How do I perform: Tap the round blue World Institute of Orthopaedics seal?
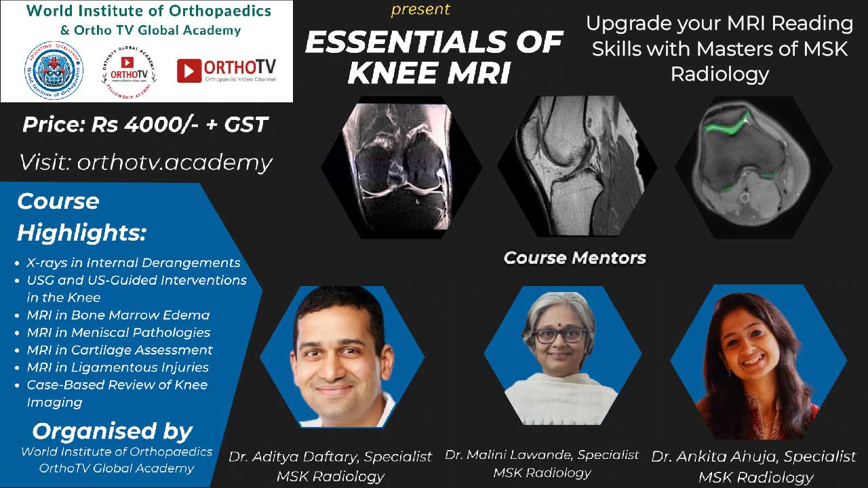(54, 70)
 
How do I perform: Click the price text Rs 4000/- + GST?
(145, 125)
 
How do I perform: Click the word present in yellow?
(420, 9)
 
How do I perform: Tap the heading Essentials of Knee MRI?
(433, 58)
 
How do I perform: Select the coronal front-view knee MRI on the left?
(400, 167)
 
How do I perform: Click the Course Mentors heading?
(574, 258)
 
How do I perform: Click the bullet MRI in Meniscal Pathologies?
(118, 332)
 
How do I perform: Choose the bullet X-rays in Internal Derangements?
(133, 262)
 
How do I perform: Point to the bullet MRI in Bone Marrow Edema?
(118, 314)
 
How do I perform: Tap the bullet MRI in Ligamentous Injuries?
(117, 367)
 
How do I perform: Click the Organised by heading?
(113, 431)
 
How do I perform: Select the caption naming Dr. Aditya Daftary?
(330, 466)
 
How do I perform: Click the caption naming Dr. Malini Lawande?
(542, 463)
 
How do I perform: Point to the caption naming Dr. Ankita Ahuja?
(753, 466)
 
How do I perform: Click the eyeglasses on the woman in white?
(559, 335)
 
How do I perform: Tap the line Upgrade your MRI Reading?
(719, 24)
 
